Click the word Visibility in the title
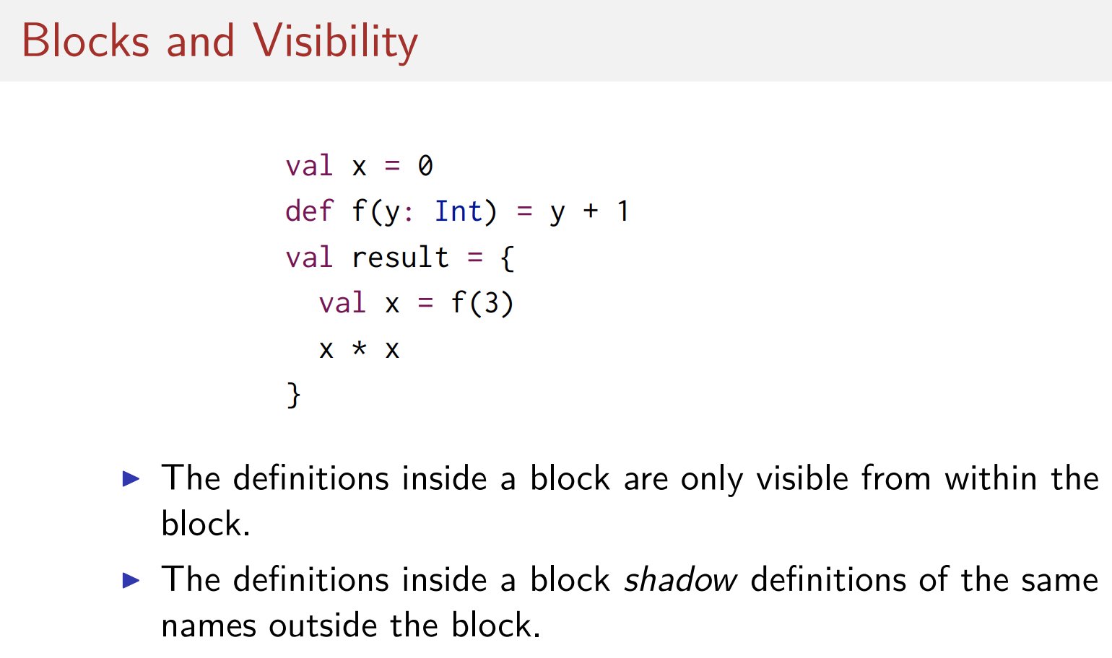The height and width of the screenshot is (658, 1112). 335,41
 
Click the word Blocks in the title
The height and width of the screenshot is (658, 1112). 85,41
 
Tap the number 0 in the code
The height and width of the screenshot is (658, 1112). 425,166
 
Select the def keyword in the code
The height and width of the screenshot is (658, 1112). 309,211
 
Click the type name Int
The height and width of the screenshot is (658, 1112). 458,211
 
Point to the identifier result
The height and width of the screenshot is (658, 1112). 400,258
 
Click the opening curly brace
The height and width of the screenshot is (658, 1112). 508,258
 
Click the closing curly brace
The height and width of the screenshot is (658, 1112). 293,395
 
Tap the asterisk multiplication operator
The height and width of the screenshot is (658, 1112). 359,349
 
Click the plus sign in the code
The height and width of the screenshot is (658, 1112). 591,211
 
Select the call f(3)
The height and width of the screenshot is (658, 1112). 482,303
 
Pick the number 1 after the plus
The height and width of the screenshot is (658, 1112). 623,211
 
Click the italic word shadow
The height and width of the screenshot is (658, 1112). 680,580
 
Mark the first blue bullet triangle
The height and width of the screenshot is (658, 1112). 131,478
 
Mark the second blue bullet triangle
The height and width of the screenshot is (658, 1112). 131,579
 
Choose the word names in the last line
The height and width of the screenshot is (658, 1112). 209,626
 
